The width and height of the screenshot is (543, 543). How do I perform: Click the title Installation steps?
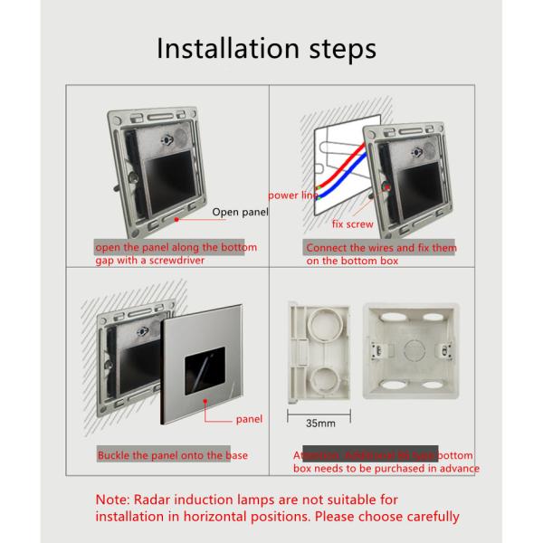(266, 49)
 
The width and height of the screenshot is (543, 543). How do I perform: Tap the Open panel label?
(240, 213)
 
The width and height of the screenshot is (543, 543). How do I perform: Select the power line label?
(291, 195)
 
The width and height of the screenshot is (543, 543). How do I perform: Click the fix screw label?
(352, 223)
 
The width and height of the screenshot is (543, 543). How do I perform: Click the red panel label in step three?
(250, 419)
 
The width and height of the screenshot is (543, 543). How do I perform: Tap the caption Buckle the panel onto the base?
(172, 455)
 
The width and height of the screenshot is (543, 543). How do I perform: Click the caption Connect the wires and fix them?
(381, 247)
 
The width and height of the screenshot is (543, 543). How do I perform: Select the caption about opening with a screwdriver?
(176, 253)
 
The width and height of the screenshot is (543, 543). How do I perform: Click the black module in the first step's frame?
(158, 180)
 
